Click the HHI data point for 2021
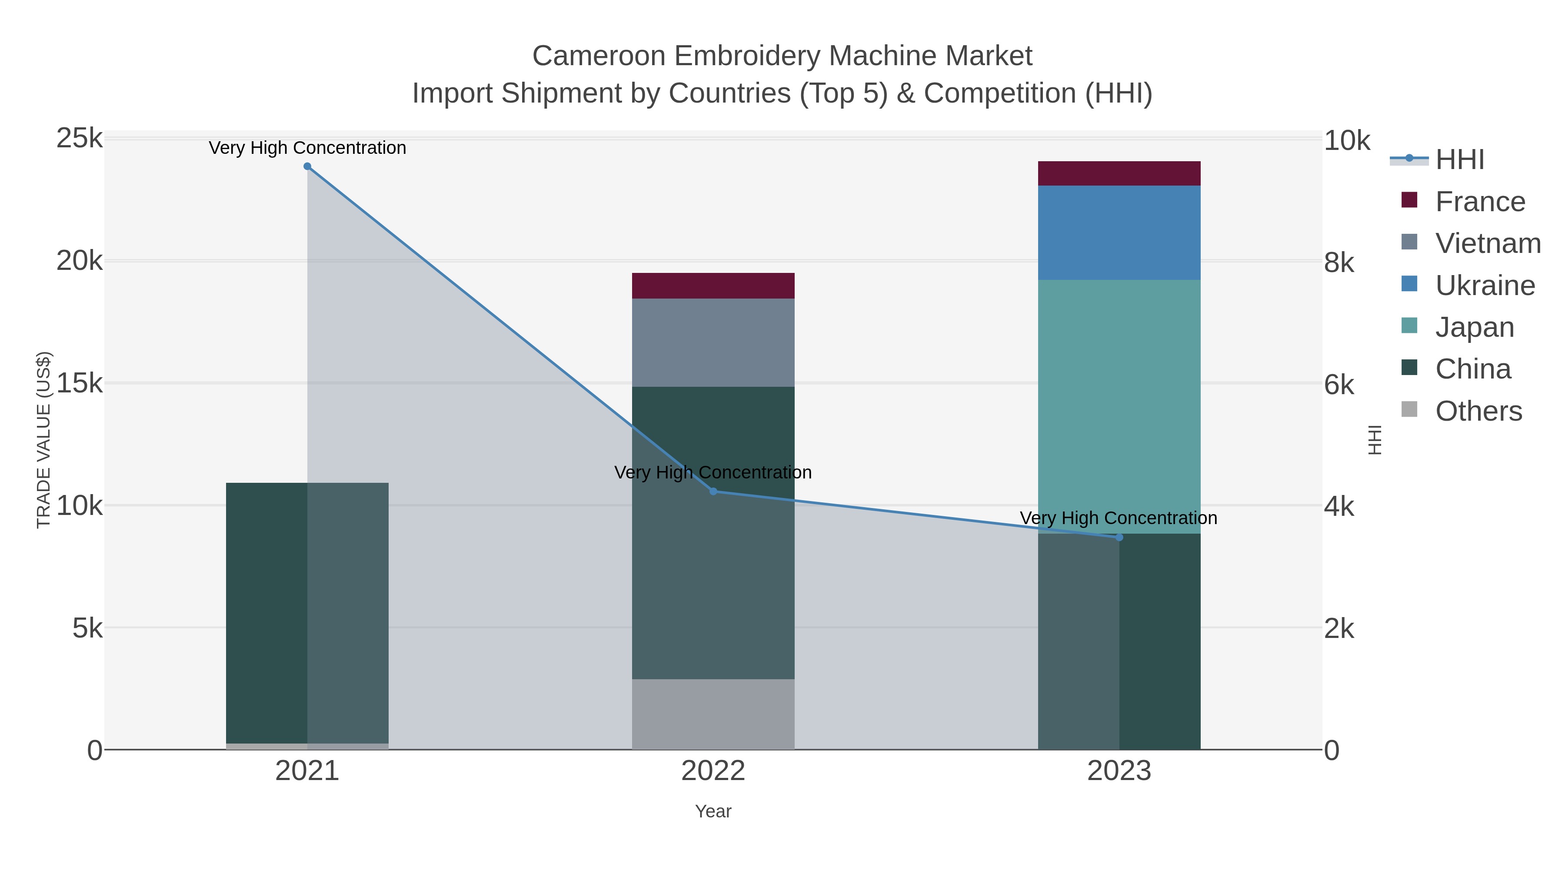tap(307, 166)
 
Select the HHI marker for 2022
tap(713, 491)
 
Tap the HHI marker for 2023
tap(1120, 538)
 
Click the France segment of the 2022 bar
tap(713, 286)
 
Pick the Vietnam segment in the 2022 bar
tap(713, 342)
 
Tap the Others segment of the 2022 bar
tap(713, 714)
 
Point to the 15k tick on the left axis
tap(80, 383)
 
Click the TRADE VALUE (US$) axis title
tap(44, 440)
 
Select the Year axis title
tap(713, 811)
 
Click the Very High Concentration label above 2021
tap(307, 148)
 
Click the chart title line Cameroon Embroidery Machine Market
tap(782, 56)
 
